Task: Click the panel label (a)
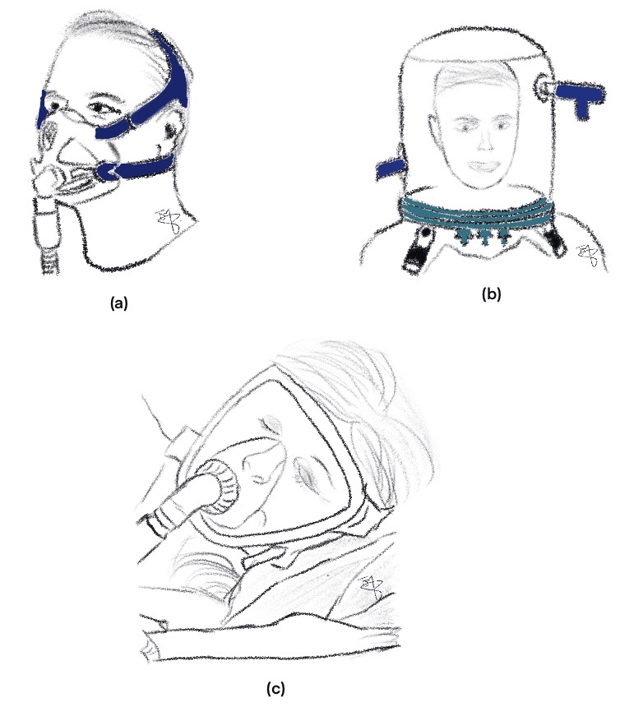pyautogui.click(x=119, y=303)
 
